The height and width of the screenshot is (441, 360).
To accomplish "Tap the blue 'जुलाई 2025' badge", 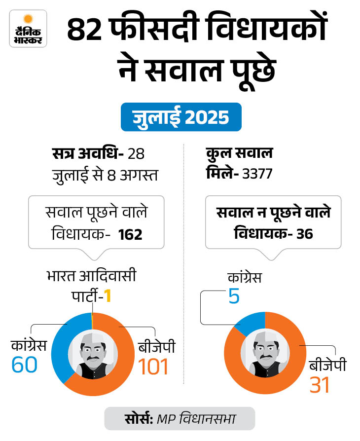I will coord(181,117).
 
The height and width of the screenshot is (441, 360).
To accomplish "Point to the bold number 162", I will coord(130,235).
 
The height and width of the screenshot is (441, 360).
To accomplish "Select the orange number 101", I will coord(153,367).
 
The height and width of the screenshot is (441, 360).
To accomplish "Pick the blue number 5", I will coord(233,297).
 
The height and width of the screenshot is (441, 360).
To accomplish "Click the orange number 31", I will coord(320,385).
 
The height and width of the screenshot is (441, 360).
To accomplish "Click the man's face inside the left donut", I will coord(92,350).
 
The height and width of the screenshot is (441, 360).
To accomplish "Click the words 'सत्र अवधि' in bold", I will coord(87,154).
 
